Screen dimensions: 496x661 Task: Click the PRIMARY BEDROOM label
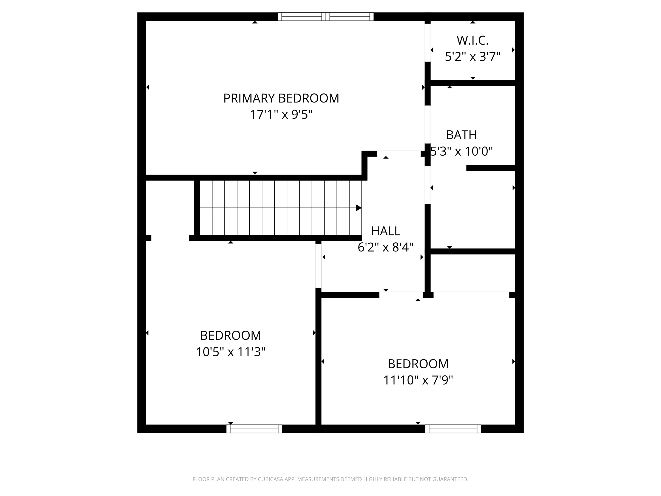tap(281, 98)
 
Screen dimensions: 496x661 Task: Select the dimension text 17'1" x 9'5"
tap(281, 115)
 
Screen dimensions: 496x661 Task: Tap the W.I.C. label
tap(473, 40)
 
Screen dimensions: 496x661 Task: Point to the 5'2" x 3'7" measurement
tap(473, 56)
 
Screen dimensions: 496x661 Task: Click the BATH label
tap(461, 135)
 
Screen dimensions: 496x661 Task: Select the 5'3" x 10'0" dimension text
tap(461, 151)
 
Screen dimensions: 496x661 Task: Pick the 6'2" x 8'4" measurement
tap(386, 247)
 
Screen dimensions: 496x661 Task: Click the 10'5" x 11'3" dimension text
tap(230, 352)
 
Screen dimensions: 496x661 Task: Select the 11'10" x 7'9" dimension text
tap(418, 380)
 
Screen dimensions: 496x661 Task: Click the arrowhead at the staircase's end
tap(358, 208)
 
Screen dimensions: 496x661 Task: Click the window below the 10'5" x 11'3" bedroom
tap(254, 429)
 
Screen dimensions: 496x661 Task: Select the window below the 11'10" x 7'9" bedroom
tap(453, 429)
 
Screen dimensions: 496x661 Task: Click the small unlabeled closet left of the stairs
tap(170, 208)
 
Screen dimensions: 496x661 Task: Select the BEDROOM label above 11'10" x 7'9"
tap(418, 364)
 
